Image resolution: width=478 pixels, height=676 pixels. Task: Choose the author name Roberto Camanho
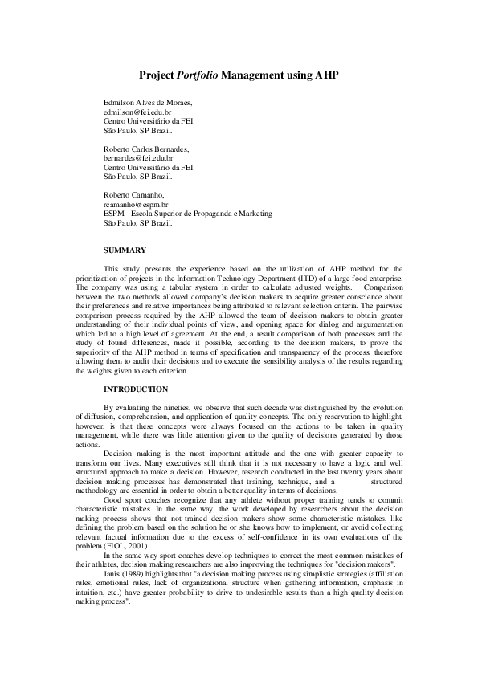(x=134, y=195)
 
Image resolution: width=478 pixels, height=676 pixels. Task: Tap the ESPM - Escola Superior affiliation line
(x=188, y=214)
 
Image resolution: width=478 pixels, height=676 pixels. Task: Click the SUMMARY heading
(x=125, y=250)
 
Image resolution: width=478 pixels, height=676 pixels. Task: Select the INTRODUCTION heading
(x=136, y=389)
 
